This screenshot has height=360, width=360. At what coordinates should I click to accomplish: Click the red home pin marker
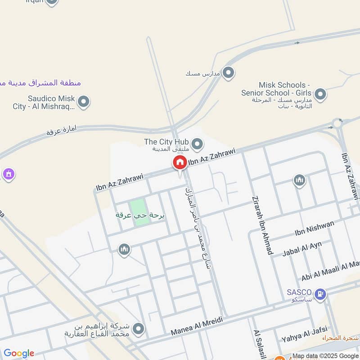point(180,163)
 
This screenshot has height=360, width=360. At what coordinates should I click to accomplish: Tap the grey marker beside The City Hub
point(197,144)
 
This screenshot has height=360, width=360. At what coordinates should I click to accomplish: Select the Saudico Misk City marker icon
point(83,102)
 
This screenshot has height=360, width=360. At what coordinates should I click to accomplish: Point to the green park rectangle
point(139,211)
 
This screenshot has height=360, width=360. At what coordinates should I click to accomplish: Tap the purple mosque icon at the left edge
point(8,174)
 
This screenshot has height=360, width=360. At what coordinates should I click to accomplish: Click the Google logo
point(18,353)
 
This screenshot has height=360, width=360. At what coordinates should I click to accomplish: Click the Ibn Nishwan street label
point(309,232)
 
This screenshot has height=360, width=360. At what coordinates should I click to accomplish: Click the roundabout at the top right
point(337,123)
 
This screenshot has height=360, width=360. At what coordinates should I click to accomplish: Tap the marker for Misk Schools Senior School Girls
point(320,94)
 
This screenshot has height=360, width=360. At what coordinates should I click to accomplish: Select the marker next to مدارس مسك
point(229,72)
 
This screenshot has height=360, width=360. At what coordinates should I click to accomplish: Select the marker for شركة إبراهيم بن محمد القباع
point(138,329)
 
